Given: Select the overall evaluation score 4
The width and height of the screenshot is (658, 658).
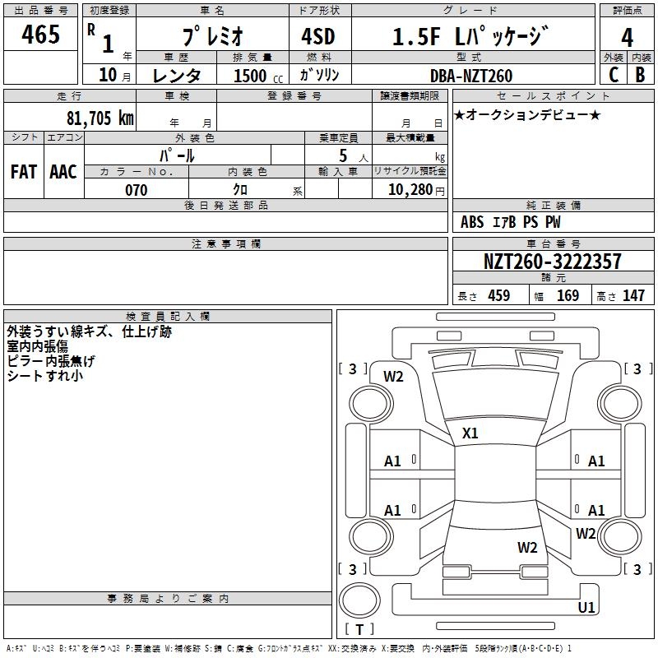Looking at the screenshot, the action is click(628, 38).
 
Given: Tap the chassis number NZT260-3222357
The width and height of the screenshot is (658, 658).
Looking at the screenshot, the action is click(552, 262).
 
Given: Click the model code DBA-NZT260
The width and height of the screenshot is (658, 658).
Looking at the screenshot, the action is click(471, 76).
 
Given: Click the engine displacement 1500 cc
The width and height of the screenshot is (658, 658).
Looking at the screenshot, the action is click(253, 76).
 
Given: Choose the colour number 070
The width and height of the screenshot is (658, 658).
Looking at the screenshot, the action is click(136, 190).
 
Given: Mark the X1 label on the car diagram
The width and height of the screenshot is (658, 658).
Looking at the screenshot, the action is click(470, 433).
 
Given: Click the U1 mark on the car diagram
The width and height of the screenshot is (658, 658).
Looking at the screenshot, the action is click(586, 608).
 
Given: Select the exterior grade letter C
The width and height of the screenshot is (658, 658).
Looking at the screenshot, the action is click(613, 75).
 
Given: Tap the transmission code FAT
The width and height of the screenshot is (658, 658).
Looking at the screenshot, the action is click(23, 171).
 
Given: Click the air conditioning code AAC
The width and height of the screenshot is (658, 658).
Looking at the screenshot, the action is click(63, 171).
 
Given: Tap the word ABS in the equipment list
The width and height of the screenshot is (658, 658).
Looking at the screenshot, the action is click(472, 222).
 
